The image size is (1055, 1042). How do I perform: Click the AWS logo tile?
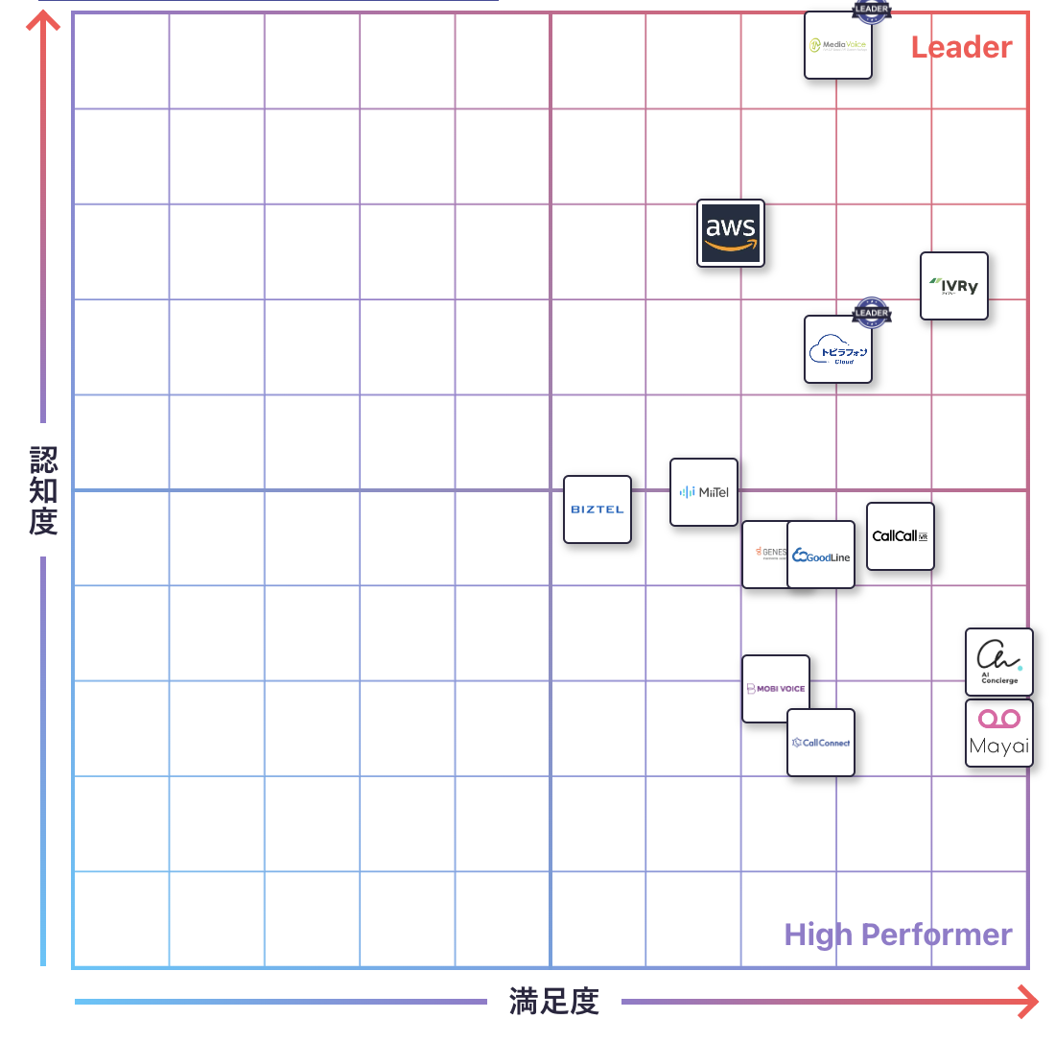(731, 233)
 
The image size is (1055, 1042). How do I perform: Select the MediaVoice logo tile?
(838, 45)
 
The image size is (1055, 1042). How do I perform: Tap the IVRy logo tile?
(953, 286)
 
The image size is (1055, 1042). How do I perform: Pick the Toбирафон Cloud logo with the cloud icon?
(838, 350)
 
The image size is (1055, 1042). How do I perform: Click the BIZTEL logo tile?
(597, 509)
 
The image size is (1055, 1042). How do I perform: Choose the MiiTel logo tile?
(704, 492)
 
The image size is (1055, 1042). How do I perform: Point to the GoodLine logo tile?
(821, 556)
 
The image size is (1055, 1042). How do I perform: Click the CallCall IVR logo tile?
(900, 536)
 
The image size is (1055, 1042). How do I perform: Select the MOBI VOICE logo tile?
(775, 688)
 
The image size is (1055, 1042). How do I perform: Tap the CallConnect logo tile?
(821, 743)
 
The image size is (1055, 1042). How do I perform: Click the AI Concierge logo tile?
(998, 662)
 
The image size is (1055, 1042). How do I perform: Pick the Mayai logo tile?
(998, 733)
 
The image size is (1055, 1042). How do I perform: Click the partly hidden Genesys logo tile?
(764, 554)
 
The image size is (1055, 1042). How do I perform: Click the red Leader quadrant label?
(961, 47)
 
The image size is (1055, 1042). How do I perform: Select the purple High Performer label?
(898, 935)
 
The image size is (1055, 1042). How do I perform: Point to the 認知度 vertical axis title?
(43, 489)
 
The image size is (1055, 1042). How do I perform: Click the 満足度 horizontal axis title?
(554, 1002)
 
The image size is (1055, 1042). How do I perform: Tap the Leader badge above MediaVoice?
(871, 10)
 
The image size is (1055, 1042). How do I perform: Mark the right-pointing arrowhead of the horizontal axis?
(1028, 1003)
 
